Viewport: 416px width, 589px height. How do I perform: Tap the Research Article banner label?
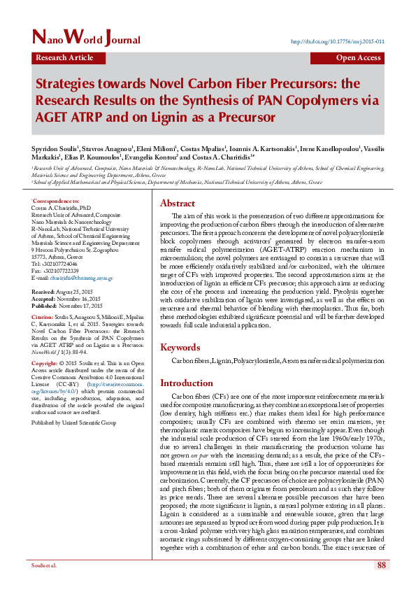coord(64,58)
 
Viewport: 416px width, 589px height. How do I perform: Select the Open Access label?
coord(358,58)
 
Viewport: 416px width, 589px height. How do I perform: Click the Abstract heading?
coord(178,203)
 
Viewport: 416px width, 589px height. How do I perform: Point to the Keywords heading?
coord(180,347)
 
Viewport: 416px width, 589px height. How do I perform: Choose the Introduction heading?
coord(187,383)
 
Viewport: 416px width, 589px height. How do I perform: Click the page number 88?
coord(382,565)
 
